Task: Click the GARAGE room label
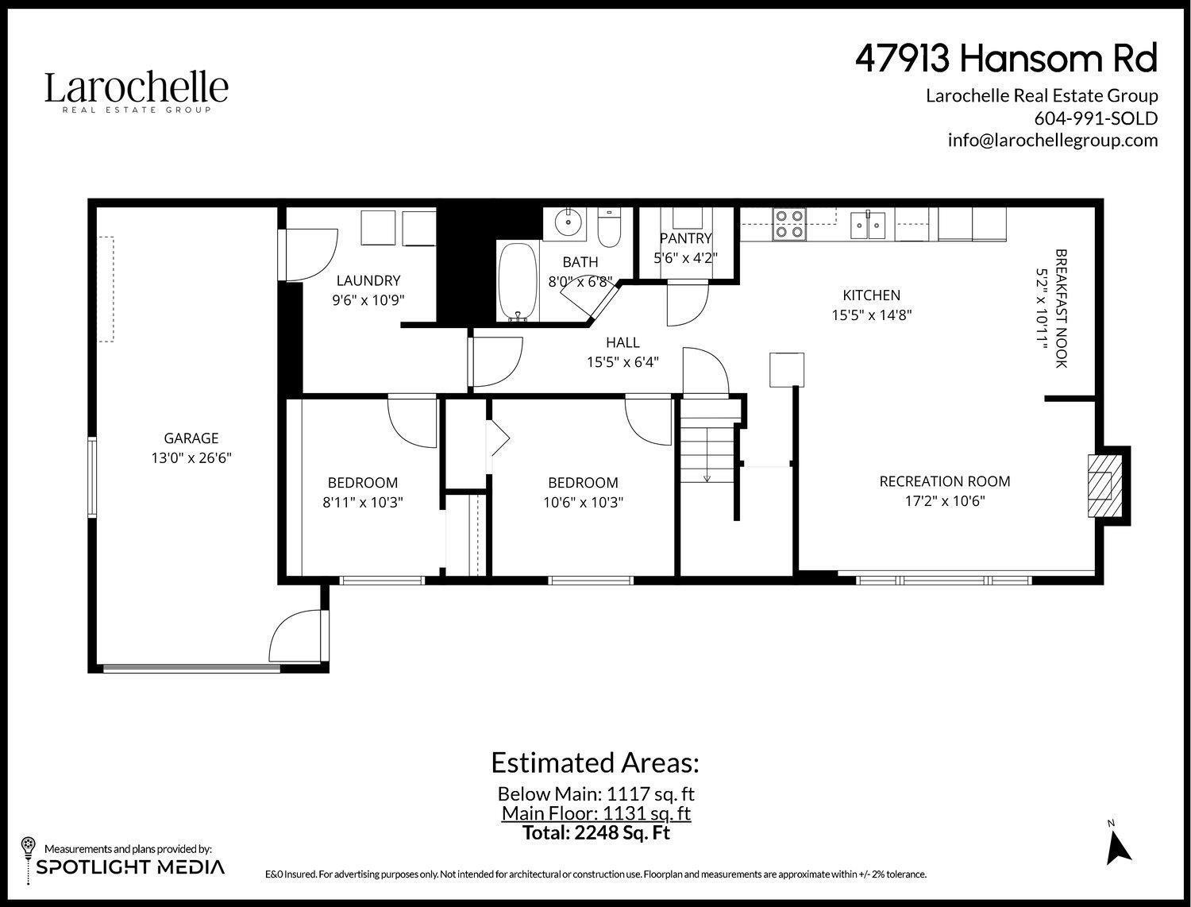point(191,438)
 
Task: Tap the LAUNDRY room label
point(368,280)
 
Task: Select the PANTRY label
point(686,238)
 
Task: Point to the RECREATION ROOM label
point(944,481)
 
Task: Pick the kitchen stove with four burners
point(789,224)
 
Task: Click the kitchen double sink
point(868,225)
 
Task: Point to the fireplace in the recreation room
point(1101,484)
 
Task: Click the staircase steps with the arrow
point(706,453)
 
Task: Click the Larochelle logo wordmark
point(137,89)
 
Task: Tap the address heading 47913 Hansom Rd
point(1006,58)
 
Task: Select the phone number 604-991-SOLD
point(1096,118)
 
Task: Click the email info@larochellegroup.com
point(1052,140)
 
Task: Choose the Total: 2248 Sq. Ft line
point(595,832)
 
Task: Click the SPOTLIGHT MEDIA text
point(130,866)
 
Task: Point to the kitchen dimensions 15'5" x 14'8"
point(871,315)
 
